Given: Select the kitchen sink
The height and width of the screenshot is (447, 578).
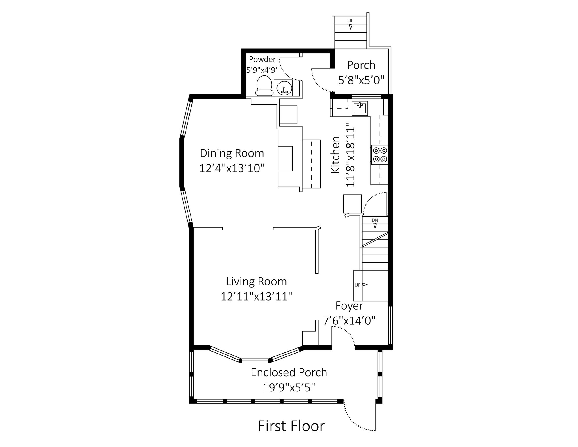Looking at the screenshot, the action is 360,108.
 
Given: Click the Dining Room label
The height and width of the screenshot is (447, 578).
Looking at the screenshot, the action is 232,153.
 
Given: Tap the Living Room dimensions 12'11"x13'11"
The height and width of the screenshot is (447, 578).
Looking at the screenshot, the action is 257,297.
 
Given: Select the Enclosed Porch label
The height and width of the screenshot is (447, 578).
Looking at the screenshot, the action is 289,372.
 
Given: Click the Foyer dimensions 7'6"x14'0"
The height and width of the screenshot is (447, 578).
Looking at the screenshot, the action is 349,321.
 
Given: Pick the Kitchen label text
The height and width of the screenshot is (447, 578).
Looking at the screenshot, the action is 335,155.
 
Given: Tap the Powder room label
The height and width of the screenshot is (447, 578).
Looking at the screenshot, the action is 262,59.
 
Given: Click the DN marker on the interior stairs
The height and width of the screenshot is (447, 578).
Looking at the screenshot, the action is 375,220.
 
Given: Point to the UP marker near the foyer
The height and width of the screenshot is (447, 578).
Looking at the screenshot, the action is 358,285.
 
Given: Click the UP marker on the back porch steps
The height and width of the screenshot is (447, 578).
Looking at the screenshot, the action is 351,21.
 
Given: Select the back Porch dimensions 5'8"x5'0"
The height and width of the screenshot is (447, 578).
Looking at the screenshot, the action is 361,80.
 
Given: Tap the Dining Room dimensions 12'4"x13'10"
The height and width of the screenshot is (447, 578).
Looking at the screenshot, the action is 232,168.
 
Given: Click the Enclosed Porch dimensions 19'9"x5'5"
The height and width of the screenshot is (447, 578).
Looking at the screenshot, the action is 289,388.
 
